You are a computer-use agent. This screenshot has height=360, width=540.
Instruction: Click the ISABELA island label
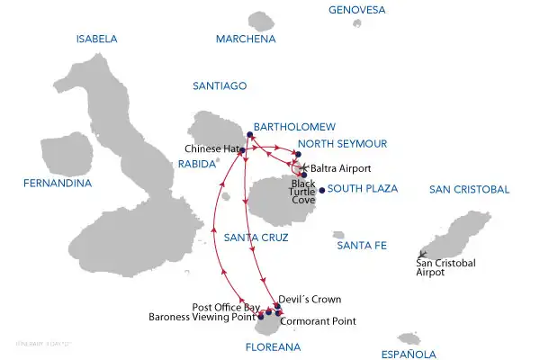(97, 39)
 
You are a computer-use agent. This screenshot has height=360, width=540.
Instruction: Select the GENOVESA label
(358, 10)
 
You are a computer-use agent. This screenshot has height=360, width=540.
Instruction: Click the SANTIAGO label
(220, 85)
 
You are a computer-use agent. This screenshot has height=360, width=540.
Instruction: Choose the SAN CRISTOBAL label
(470, 189)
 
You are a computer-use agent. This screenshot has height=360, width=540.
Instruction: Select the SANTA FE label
(361, 245)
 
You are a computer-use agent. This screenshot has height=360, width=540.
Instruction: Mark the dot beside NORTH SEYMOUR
(297, 154)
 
